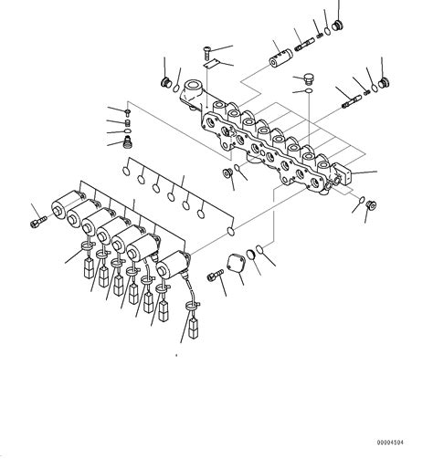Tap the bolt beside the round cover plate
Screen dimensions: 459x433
coord(216,275)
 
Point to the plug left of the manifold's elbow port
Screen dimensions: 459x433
coord(166,85)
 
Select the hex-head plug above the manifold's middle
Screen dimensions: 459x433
coord(306,78)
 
